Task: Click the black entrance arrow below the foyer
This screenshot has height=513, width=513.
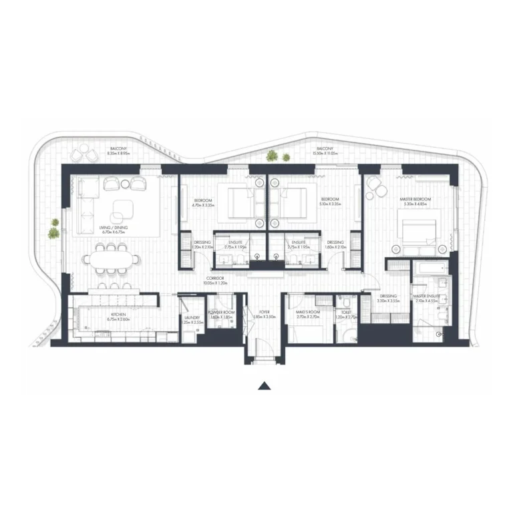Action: coord(265,385)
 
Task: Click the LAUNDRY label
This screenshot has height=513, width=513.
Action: coord(192,317)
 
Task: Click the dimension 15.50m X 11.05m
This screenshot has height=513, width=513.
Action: coord(325,153)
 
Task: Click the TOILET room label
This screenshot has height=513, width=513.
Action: coord(345,313)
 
